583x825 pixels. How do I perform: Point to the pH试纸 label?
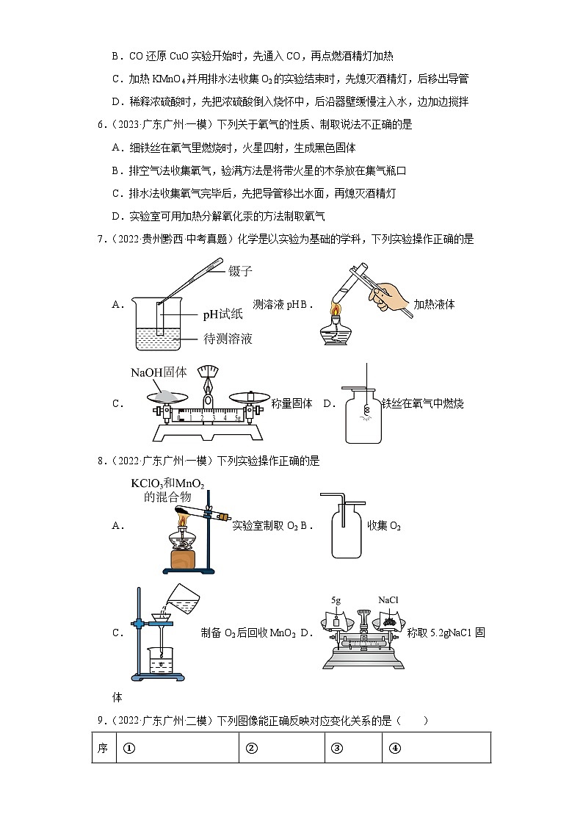(223, 315)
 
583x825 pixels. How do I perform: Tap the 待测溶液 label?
(228, 339)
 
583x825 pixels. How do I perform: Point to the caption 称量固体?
(291, 403)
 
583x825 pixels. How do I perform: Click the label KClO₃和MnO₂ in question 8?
(167, 483)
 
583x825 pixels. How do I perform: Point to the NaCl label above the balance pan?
(388, 599)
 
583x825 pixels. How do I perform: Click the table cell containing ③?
(352, 748)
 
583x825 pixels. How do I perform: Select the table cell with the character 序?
(104, 748)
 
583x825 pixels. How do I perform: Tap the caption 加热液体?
(434, 304)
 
